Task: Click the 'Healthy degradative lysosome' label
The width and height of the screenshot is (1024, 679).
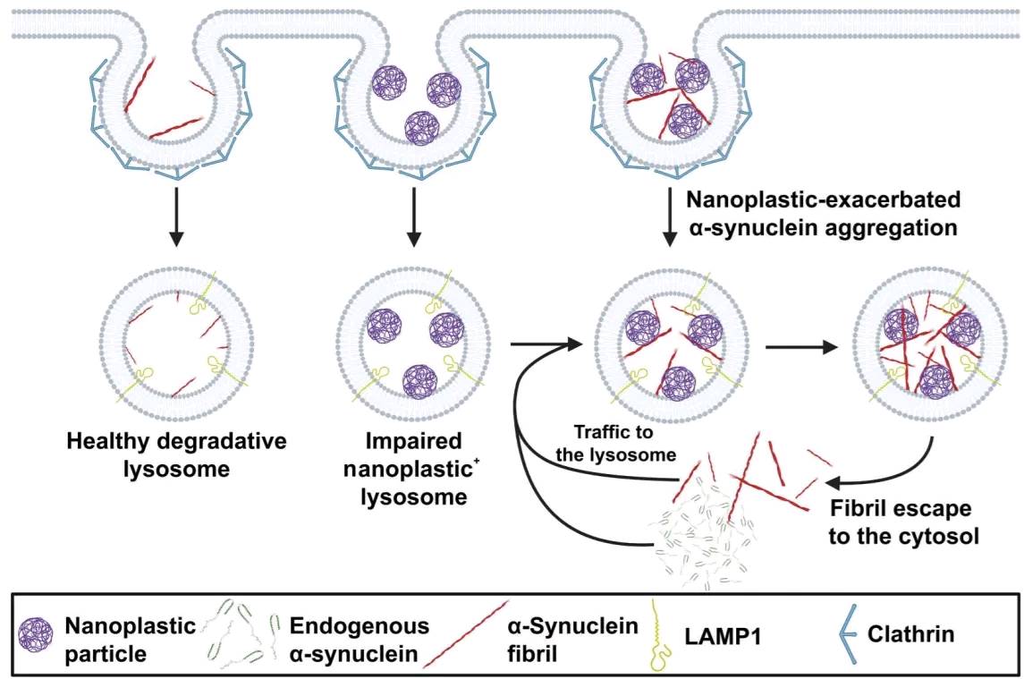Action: point(176,454)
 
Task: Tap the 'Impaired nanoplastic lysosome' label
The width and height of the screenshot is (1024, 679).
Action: point(414,469)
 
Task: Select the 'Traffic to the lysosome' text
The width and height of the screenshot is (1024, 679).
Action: point(615,443)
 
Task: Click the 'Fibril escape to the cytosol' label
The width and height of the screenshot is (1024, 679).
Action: point(904,522)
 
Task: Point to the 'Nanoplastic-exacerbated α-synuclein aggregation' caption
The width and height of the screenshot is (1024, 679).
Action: point(824,213)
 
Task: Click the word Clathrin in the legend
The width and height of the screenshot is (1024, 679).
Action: point(910,633)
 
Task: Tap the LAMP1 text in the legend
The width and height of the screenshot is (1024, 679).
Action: point(723,635)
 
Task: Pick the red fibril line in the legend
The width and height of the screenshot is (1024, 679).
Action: point(466,634)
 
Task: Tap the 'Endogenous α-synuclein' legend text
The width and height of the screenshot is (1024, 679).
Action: point(360,639)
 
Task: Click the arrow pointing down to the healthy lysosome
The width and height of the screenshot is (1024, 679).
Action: point(175,217)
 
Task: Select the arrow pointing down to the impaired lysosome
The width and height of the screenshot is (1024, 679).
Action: point(413,217)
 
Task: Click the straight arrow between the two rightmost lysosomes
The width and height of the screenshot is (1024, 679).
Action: point(801,346)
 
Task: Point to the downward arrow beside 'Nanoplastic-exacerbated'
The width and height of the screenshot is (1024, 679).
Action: point(669,217)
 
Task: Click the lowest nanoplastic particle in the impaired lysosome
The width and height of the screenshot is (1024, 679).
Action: point(419,382)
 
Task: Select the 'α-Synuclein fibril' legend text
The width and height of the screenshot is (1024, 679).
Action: point(572,639)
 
